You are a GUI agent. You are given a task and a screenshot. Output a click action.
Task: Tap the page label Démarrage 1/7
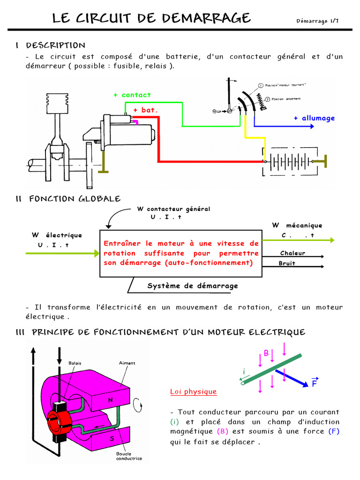317,21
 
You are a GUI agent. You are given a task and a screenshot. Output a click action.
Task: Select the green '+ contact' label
132,95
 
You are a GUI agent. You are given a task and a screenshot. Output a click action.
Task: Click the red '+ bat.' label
145,110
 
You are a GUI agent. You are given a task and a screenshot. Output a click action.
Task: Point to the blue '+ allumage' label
314,118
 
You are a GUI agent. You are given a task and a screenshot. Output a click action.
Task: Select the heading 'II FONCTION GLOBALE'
68,199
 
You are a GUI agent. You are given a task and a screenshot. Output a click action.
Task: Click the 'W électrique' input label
57,235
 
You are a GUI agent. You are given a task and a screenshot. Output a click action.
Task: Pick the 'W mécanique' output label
297,225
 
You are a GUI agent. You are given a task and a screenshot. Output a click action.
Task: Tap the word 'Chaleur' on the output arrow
292,253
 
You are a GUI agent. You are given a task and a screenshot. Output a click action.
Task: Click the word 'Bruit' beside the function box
287,263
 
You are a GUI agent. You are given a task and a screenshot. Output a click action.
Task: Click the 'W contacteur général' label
173,209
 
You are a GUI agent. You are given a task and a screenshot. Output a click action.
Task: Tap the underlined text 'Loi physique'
193,391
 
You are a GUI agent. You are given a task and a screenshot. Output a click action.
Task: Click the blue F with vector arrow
315,383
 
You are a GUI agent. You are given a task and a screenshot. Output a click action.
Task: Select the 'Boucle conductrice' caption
129,456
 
